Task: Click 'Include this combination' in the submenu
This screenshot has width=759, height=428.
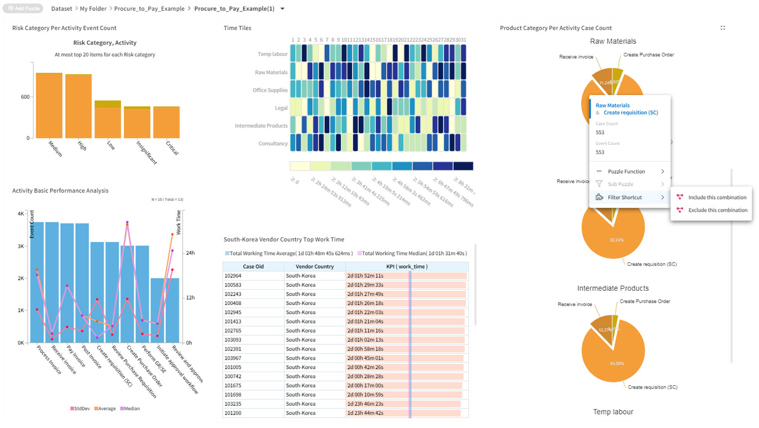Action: [717, 197]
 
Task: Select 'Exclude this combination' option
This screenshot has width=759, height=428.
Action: [717, 210]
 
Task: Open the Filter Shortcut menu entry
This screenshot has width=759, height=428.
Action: [625, 197]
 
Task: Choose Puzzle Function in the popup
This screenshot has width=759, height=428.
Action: [626, 171]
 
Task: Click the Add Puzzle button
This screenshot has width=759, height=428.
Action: [23, 9]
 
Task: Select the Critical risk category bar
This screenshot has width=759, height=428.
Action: [166, 123]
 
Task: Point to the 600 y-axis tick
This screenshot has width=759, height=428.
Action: [25, 97]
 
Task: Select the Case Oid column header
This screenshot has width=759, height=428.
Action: [253, 267]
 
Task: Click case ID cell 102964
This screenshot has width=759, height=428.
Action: [233, 276]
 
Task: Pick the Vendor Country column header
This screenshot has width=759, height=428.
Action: [314, 267]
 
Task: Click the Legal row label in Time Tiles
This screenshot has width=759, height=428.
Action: [281, 108]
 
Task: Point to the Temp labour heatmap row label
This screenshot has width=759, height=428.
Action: [272, 54]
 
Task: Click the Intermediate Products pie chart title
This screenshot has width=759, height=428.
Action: [613, 288]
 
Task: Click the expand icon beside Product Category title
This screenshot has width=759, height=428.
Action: [723, 28]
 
